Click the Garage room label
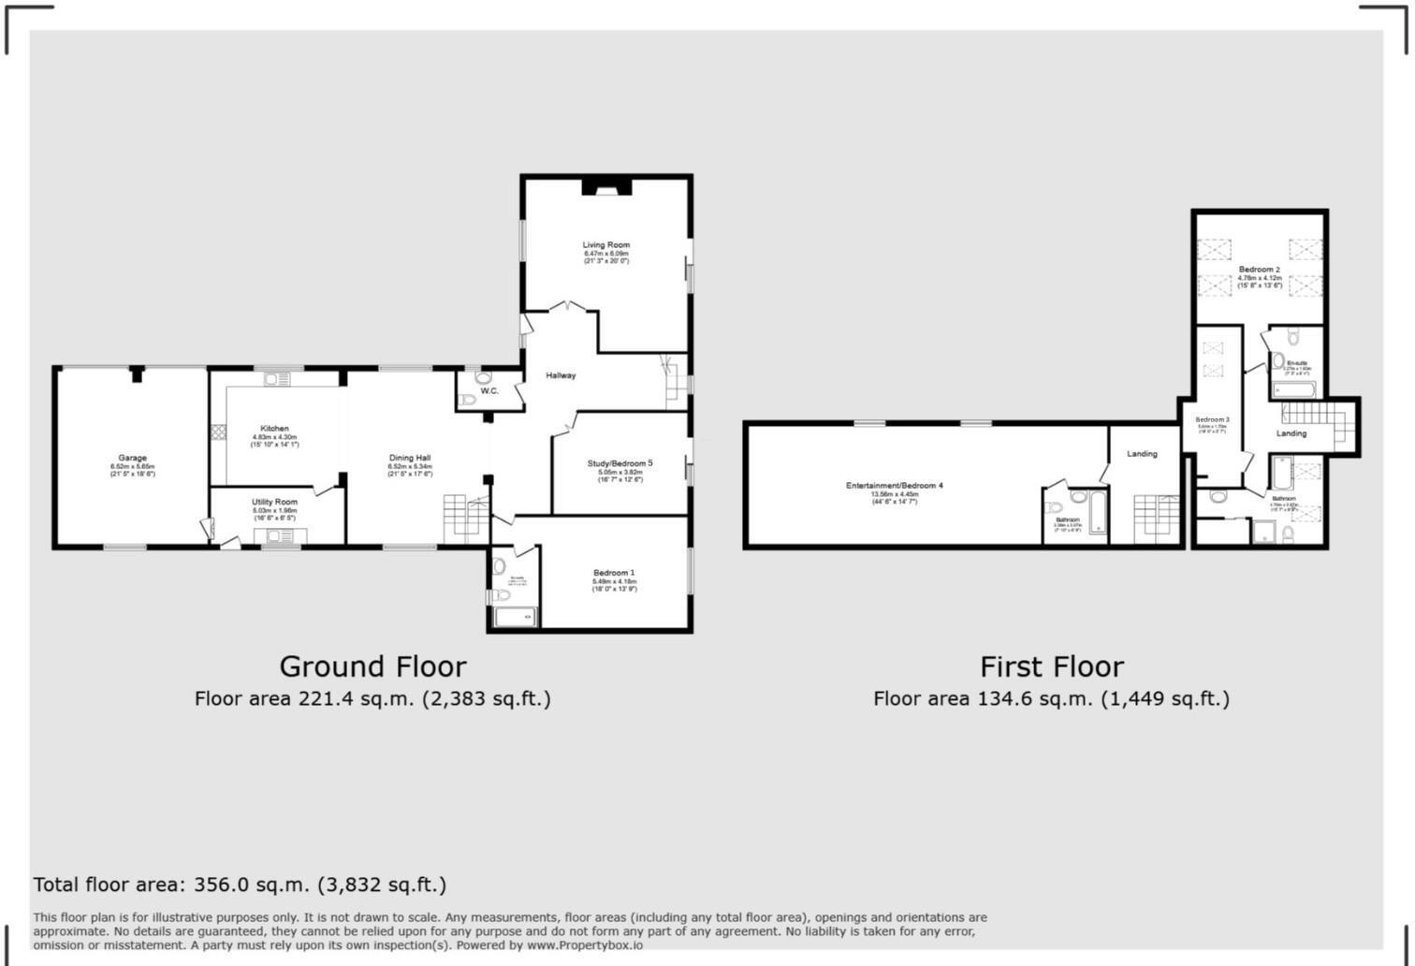pyautogui.click(x=132, y=459)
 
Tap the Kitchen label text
pyautogui.click(x=274, y=429)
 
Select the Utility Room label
pyautogui.click(x=274, y=503)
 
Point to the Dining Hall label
pyautogui.click(x=410, y=459)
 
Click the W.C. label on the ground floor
pyautogui.click(x=489, y=391)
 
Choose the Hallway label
pyautogui.click(x=561, y=375)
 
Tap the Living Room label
pyautogui.click(x=606, y=245)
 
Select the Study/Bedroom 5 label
pyautogui.click(x=620, y=463)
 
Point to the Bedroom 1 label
pyautogui.click(x=614, y=573)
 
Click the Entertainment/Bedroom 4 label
pyautogui.click(x=895, y=486)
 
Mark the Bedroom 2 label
pyautogui.click(x=1259, y=270)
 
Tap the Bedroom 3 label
pyautogui.click(x=1212, y=420)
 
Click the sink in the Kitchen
pyautogui.click(x=277, y=379)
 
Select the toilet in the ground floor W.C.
pyautogui.click(x=483, y=378)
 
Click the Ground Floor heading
pyautogui.click(x=372, y=666)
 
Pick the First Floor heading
pyautogui.click(x=1051, y=666)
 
